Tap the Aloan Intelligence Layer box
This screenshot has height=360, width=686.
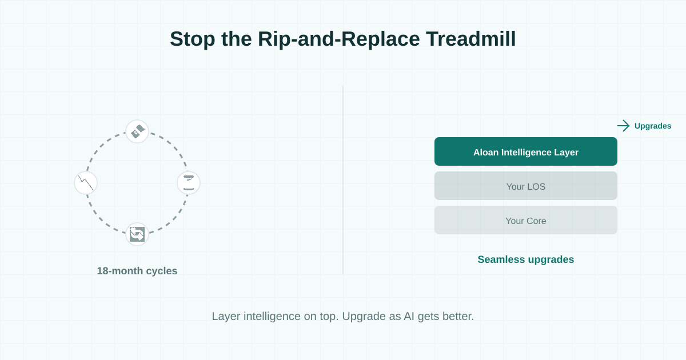[526, 151]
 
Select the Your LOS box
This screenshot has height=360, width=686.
[526, 186]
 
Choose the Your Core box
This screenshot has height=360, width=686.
[526, 220]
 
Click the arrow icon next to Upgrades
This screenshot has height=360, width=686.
[623, 126]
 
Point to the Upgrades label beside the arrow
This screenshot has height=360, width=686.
[653, 126]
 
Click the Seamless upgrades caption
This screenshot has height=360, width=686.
[526, 259]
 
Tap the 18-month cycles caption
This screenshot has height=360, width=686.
[137, 271]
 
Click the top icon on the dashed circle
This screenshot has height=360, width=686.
[137, 131]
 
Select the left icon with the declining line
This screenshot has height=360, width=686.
[86, 183]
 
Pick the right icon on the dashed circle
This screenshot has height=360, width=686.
[189, 183]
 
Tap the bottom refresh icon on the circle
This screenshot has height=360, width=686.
[137, 234]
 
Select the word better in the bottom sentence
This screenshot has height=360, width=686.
[457, 316]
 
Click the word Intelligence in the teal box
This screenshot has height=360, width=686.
[527, 152]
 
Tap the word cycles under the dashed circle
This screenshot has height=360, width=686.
[162, 271]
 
